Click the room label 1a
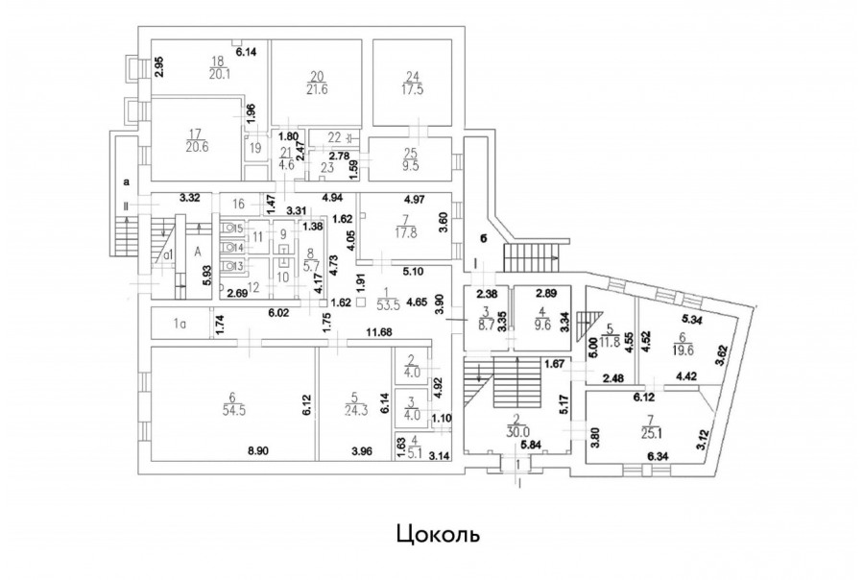[179, 325]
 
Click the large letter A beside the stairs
[197, 250]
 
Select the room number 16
[240, 203]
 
